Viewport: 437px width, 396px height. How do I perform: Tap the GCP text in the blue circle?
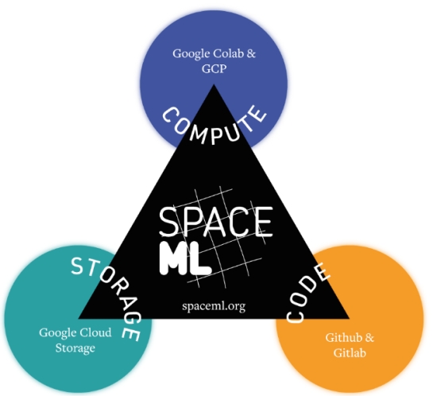click(214, 68)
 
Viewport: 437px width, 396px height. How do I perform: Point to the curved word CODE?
click(307, 293)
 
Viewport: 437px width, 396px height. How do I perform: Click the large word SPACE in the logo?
click(215, 222)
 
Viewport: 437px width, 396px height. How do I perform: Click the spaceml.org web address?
click(214, 306)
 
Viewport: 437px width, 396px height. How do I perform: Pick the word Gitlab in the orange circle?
click(350, 353)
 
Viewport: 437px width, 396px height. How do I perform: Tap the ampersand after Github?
click(369, 338)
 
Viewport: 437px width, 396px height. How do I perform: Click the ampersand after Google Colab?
click(251, 53)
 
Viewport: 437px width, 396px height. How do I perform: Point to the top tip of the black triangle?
click(214, 84)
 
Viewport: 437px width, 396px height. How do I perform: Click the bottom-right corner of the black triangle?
click(350, 318)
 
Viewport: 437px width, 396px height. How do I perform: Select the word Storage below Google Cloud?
click(75, 348)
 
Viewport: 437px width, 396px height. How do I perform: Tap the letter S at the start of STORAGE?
click(78, 266)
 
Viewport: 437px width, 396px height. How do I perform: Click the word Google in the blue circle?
click(191, 54)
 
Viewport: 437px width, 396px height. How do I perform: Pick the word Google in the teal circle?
click(58, 333)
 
